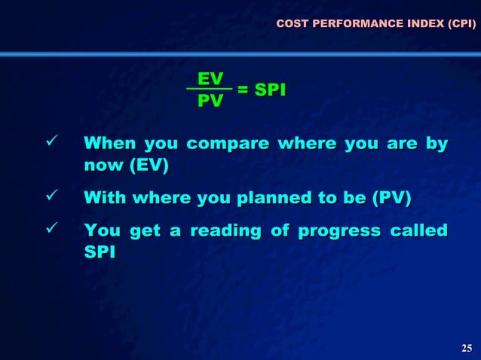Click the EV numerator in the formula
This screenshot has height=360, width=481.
210,78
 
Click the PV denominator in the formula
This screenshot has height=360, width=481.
210,101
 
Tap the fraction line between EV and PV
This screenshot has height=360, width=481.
210,90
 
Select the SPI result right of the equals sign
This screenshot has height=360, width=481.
271,90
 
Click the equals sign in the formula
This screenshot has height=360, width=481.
244,90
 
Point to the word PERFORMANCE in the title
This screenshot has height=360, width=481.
350,25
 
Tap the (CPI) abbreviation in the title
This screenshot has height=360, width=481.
460,25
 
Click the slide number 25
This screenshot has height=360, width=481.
466,347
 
